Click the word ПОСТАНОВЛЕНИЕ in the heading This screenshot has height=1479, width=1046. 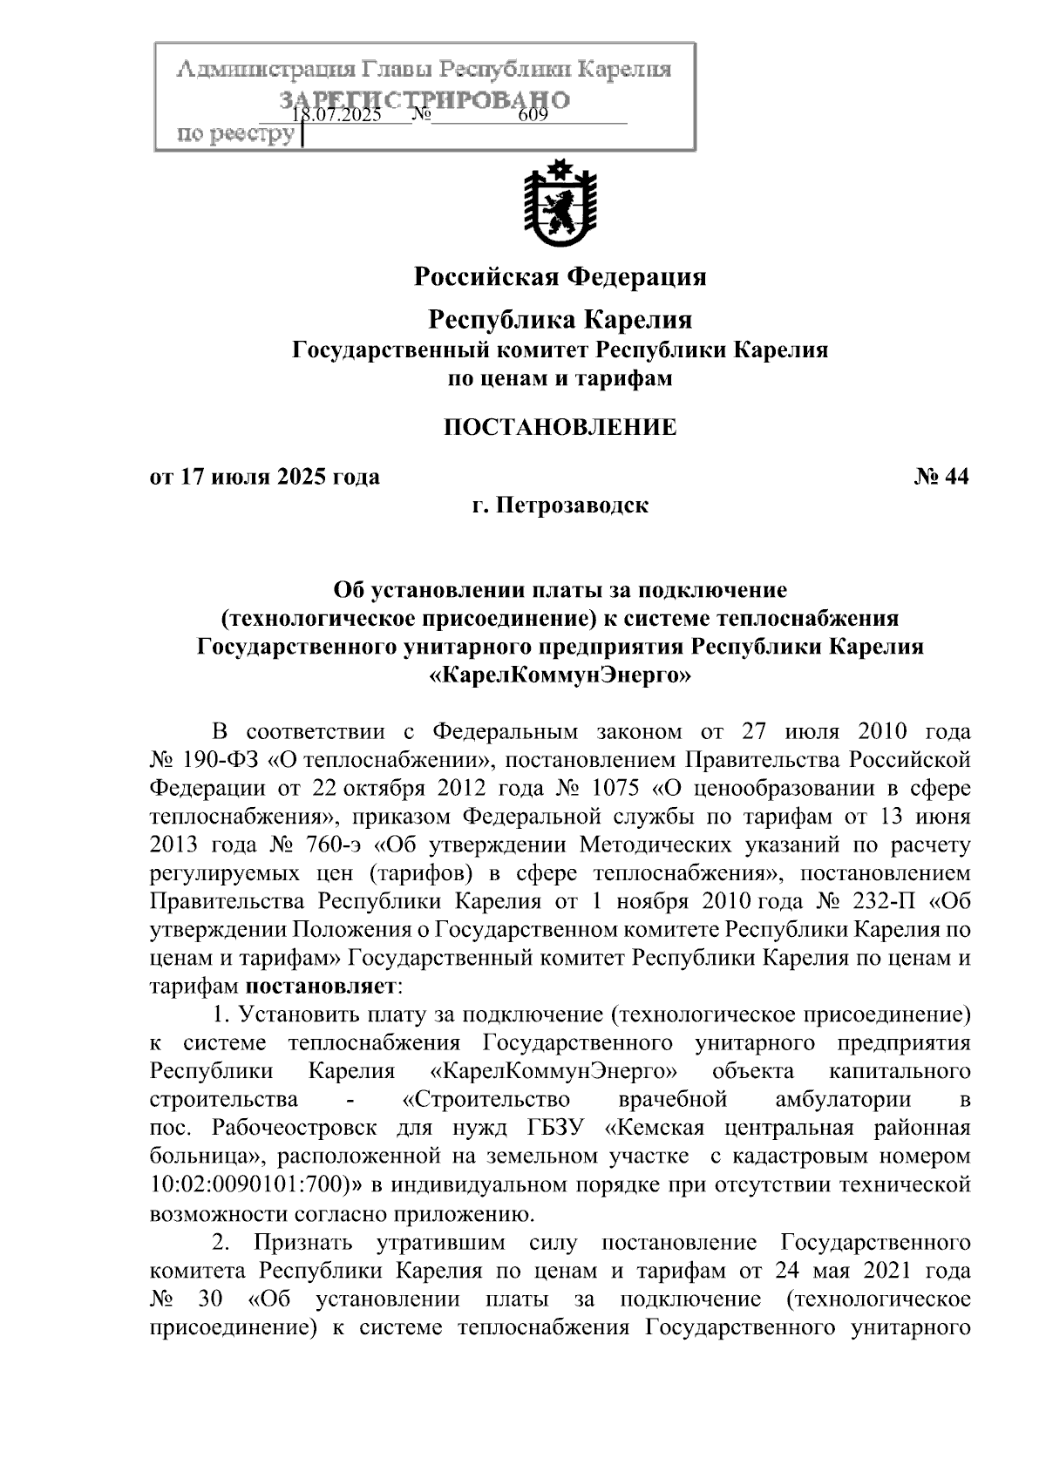point(560,427)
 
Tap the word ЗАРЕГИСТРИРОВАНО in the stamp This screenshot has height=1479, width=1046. point(425,98)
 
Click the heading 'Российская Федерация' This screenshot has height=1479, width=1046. point(560,277)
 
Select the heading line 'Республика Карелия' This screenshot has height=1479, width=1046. point(560,320)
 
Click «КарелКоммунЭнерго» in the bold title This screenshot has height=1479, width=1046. point(560,675)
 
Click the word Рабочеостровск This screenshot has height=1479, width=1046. point(294,1128)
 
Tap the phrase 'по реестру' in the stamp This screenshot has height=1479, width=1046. point(235,135)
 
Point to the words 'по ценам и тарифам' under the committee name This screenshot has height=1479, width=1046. point(560,379)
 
